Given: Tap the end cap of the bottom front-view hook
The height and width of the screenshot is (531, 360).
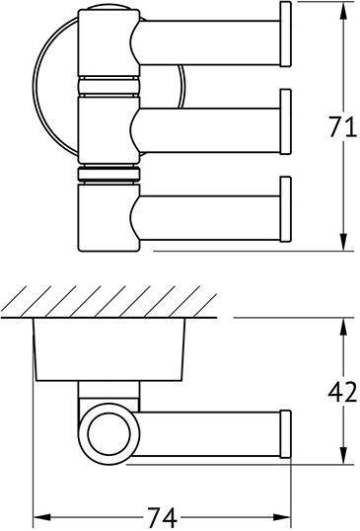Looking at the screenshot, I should coord(287,210).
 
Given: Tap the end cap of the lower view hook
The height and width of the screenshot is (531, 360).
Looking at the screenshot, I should coord(287,434).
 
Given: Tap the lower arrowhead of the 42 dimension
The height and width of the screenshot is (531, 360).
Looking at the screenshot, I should coord(342,461).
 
